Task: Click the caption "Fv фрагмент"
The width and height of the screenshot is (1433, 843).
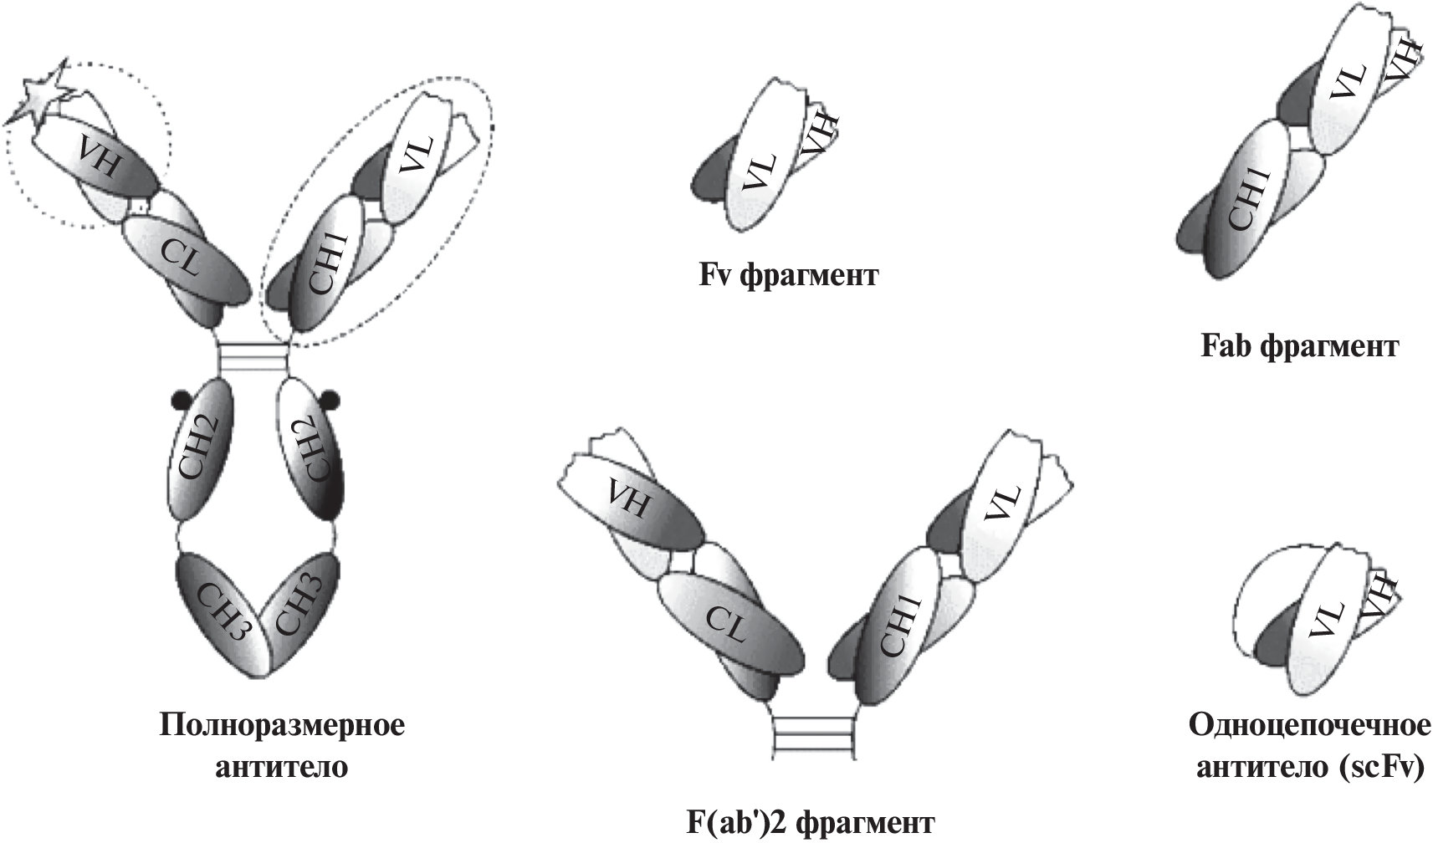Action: coord(789,275)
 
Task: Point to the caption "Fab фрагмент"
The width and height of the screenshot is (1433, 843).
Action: coord(1299,346)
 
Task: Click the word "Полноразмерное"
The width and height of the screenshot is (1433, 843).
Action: coord(282,724)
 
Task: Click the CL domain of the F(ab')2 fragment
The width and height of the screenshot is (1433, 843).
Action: coord(726,623)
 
